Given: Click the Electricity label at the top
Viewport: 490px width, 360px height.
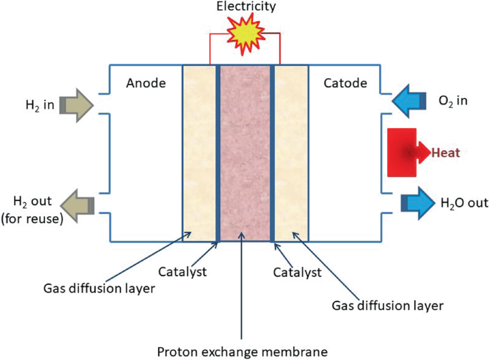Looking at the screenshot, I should pos(245,9).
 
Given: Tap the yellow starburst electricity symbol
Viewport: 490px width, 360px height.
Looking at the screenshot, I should pos(245,35).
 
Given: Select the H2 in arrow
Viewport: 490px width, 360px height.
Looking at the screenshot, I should pos(76,105).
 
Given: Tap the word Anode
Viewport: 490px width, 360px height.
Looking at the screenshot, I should pos(145,83).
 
